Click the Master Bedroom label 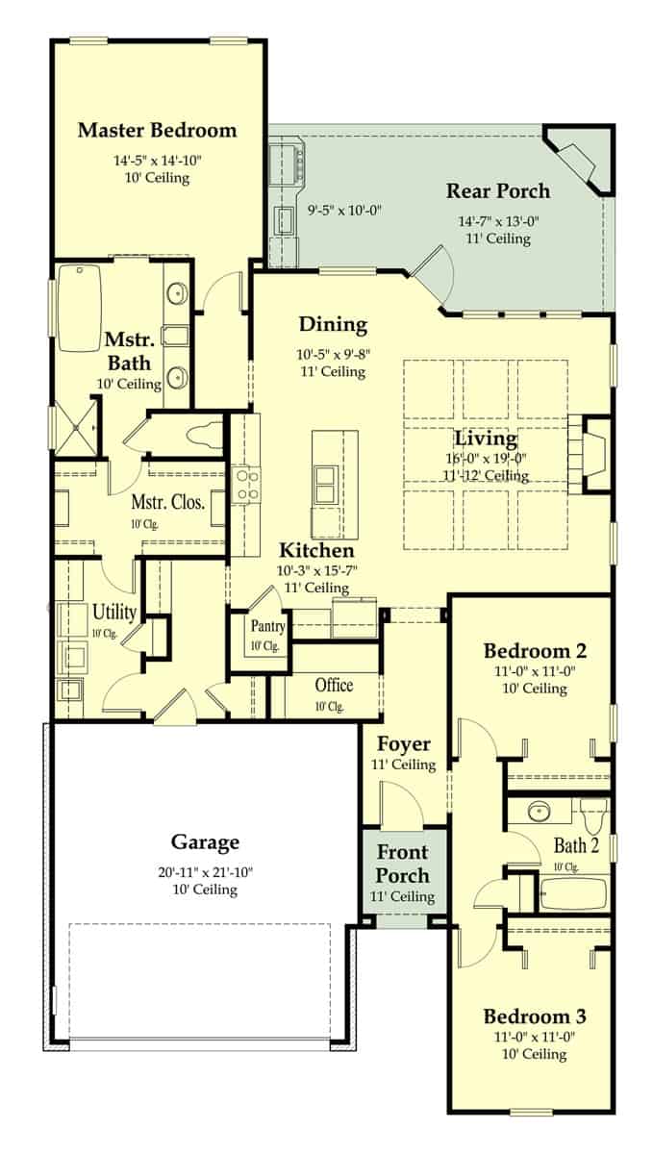click(157, 130)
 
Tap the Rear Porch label click(497, 190)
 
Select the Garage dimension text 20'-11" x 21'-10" click(205, 872)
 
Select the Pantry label click(265, 627)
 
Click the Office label click(334, 685)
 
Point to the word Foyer click(403, 744)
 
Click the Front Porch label click(402, 863)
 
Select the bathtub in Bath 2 click(573, 894)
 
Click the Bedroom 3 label click(535, 1016)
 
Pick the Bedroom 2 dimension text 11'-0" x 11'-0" click(535, 670)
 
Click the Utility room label click(113, 612)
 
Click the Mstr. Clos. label click(167, 503)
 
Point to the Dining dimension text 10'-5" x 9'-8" click(332, 354)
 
